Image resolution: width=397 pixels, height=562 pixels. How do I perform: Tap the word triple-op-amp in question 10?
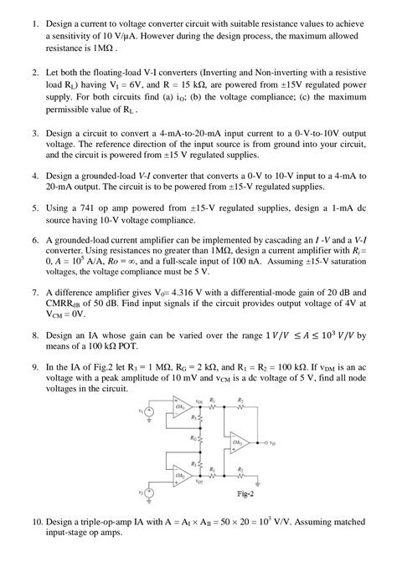[101, 521]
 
